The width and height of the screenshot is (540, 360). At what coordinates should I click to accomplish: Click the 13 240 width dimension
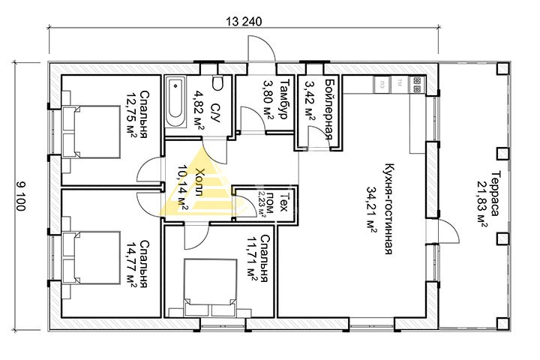[x=244, y=21]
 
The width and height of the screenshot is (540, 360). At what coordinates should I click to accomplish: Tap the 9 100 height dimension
[x=20, y=196]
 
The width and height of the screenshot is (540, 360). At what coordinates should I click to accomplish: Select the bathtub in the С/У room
[x=175, y=102]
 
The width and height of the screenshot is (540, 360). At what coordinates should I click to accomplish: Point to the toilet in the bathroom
[x=217, y=82]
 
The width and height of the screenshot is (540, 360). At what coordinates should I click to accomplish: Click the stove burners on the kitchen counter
[x=417, y=85]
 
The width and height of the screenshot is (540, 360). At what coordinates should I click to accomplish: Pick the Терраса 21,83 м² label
[x=488, y=199]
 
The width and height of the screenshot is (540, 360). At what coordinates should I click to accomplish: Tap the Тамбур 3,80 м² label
[x=275, y=100]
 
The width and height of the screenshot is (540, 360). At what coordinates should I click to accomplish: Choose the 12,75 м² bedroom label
[x=138, y=114]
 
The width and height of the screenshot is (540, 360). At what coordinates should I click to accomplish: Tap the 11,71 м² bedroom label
[x=257, y=258]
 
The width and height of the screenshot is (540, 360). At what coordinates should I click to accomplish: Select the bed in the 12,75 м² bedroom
[x=91, y=132]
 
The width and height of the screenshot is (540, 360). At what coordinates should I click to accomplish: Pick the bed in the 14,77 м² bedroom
[x=91, y=258]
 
